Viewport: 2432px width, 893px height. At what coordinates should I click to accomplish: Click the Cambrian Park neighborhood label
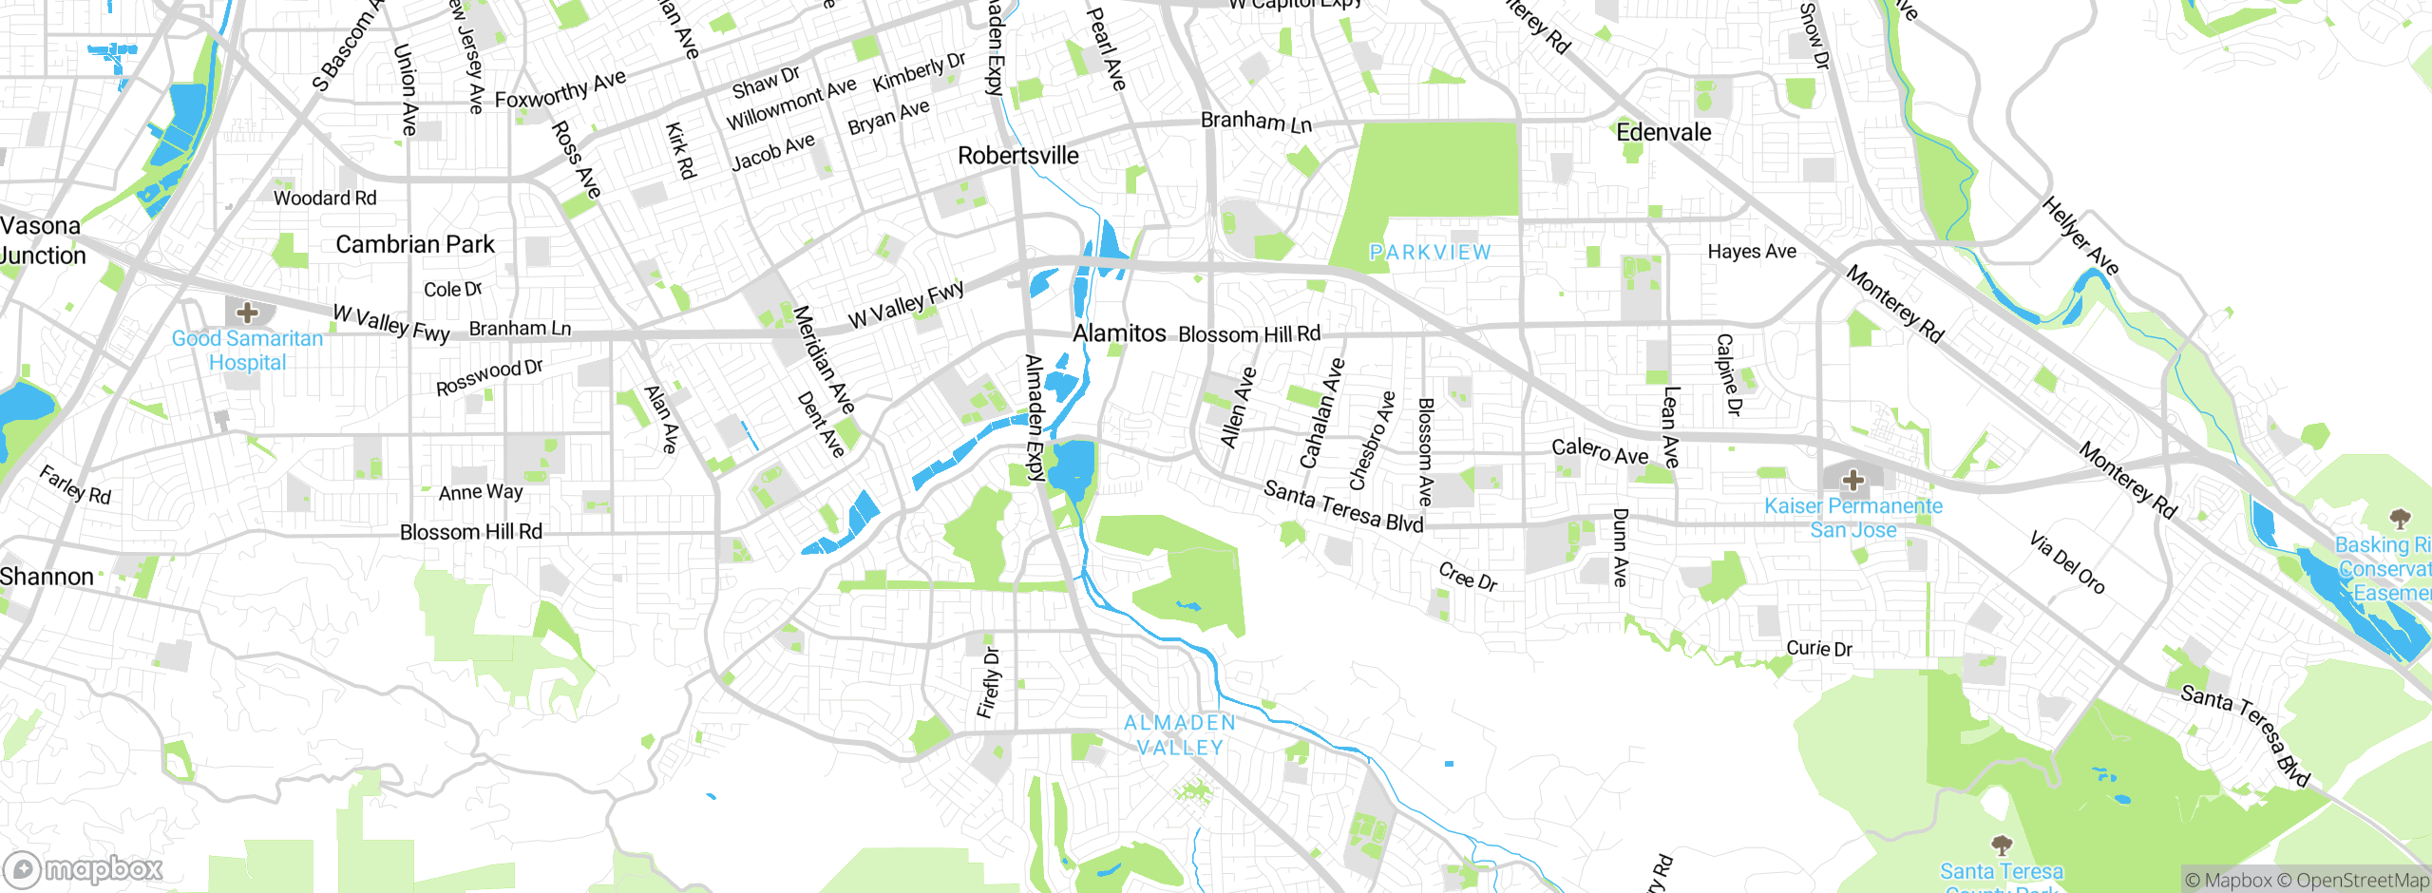click(x=415, y=244)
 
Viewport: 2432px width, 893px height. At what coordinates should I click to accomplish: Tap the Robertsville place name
click(x=1017, y=155)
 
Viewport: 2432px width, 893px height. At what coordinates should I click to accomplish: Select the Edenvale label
click(x=1663, y=132)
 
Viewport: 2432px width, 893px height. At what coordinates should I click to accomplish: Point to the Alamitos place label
click(x=1119, y=333)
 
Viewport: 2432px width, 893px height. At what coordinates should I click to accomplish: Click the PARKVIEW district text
click(x=1430, y=252)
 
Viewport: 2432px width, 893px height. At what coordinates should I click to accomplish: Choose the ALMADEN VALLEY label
click(x=1180, y=735)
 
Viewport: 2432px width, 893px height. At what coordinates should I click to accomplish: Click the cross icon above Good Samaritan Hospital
click(x=247, y=312)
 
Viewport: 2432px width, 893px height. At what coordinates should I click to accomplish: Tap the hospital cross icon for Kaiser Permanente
click(x=1852, y=481)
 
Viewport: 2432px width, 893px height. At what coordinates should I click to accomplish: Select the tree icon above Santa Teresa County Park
click(x=2001, y=845)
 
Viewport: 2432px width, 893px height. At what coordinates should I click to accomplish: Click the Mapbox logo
click(x=84, y=868)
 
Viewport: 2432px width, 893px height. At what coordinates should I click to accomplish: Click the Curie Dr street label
click(x=1818, y=648)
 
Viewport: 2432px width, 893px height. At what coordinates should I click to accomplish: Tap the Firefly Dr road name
click(x=989, y=682)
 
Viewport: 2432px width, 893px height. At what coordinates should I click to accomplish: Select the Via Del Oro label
click(x=2067, y=562)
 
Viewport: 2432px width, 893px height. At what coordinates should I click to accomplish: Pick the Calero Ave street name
click(x=1600, y=451)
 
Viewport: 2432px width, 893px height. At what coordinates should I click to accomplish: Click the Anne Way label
click(x=481, y=492)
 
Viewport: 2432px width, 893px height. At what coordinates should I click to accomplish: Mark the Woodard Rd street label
click(x=325, y=198)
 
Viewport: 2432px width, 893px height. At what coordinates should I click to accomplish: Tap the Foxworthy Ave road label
click(x=560, y=89)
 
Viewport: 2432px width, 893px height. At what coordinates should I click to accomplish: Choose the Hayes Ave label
click(x=1752, y=251)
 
